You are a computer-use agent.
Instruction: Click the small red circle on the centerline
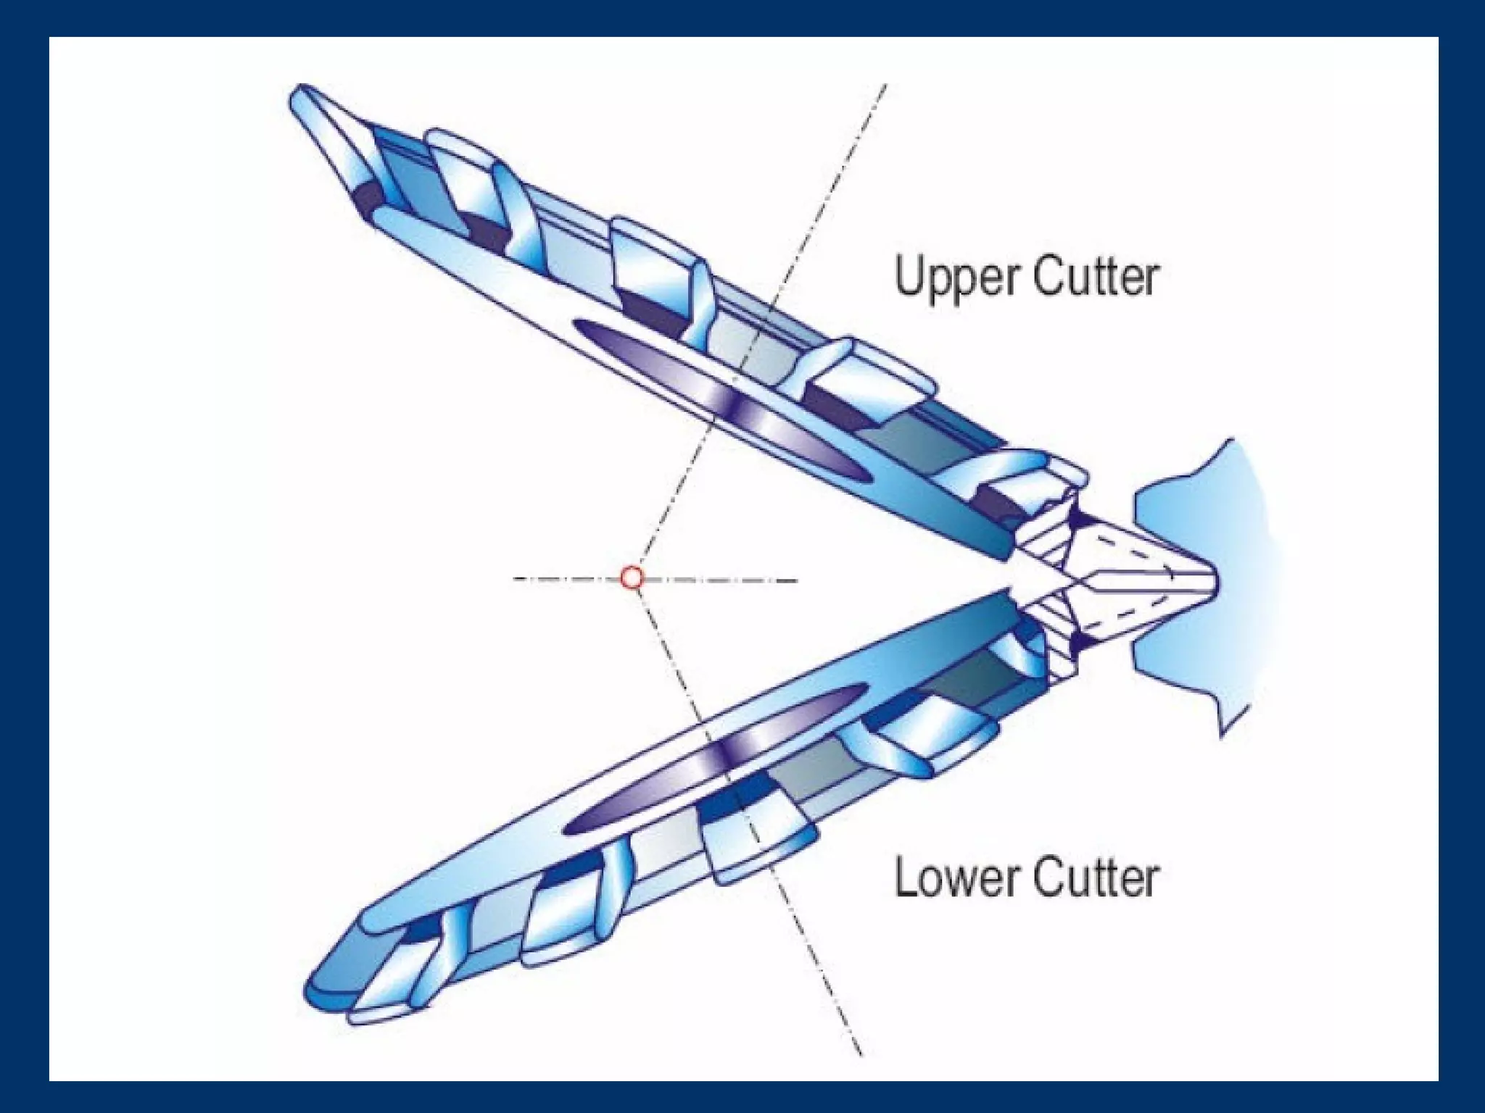(x=632, y=578)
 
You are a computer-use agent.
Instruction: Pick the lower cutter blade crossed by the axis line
(x=754, y=841)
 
